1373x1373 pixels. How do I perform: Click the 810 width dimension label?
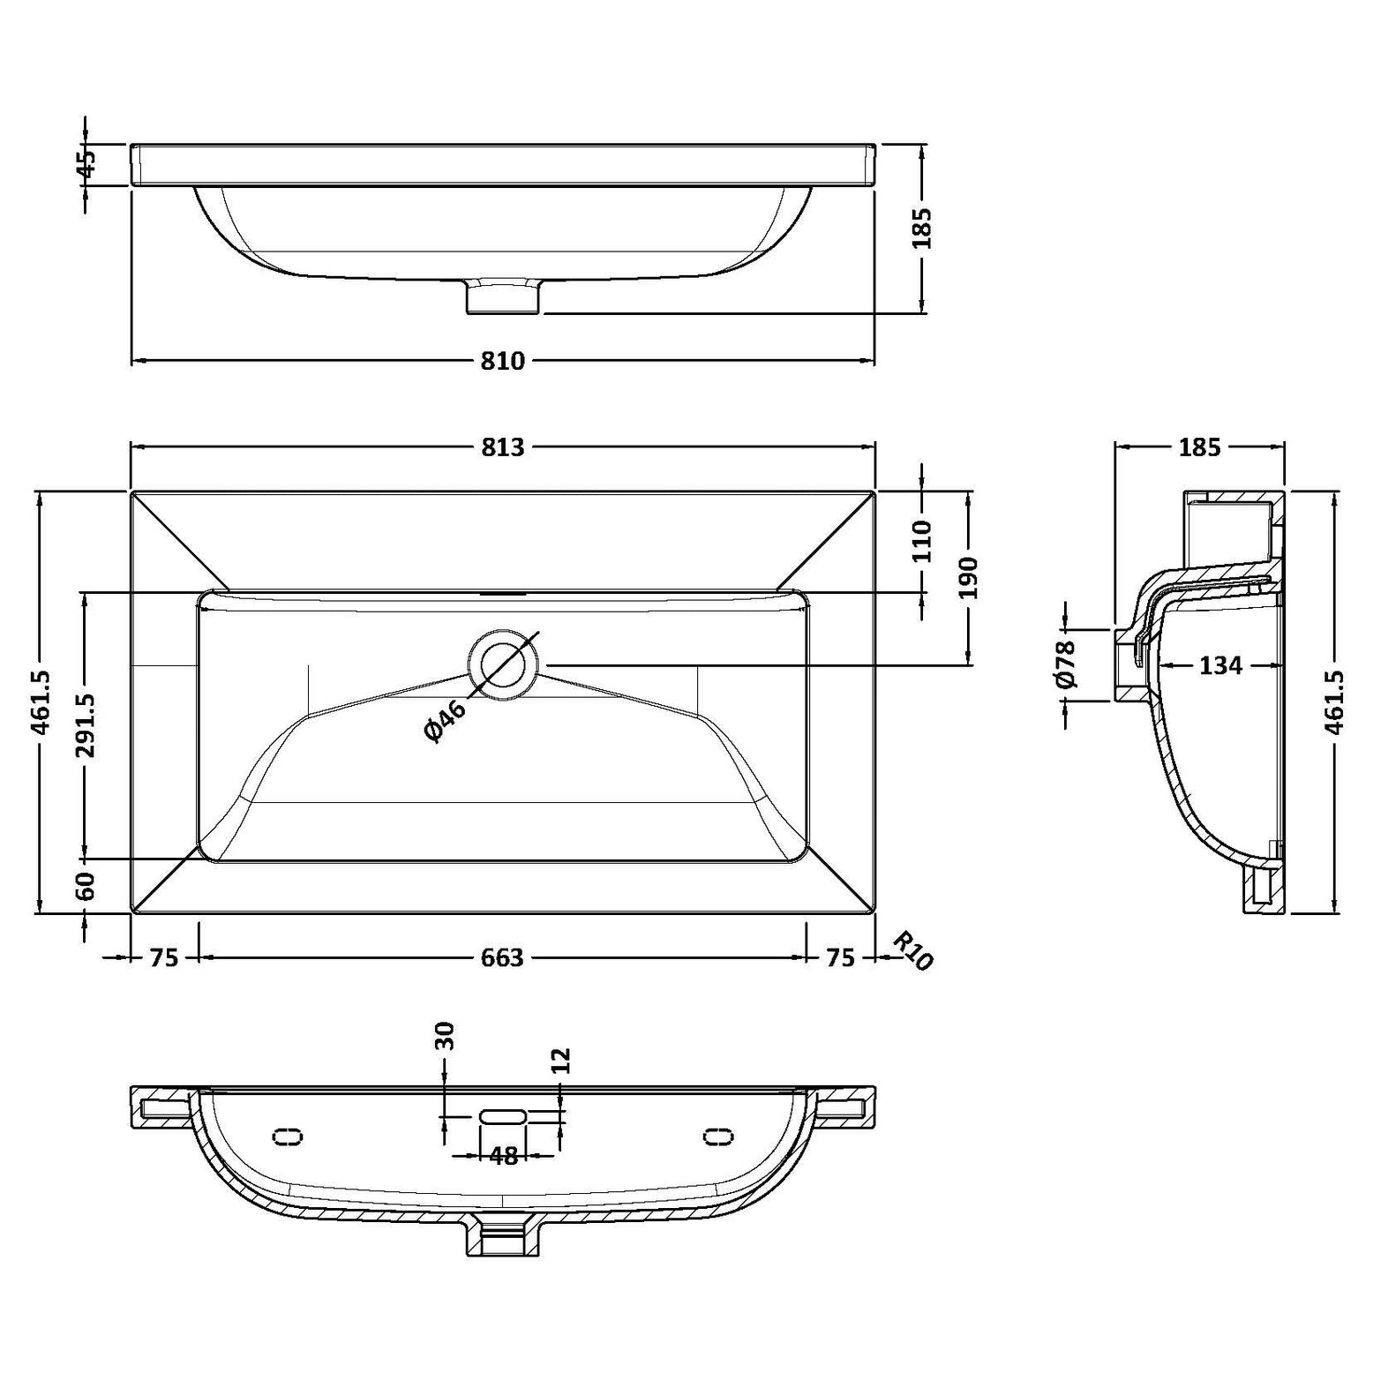click(502, 361)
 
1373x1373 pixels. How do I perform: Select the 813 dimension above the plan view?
click(502, 447)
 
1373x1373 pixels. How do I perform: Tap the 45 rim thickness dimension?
click(86, 164)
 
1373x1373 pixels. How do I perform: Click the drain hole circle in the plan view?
click(503, 664)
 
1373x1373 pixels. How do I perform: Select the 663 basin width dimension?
click(502, 957)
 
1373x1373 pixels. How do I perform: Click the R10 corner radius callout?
click(912, 951)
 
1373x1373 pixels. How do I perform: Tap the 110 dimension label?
click(921, 541)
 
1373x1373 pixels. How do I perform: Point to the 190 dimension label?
click(969, 578)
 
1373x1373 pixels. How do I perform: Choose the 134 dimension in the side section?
click(1220, 665)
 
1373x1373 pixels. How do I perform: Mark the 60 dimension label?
click(86, 886)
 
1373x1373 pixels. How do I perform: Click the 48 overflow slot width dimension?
click(503, 1156)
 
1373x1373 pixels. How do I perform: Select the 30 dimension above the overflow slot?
click(445, 1035)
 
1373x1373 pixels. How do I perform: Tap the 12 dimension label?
click(561, 1061)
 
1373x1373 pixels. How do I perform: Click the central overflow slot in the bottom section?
click(503, 1116)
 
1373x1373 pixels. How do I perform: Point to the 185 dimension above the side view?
click(1199, 447)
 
